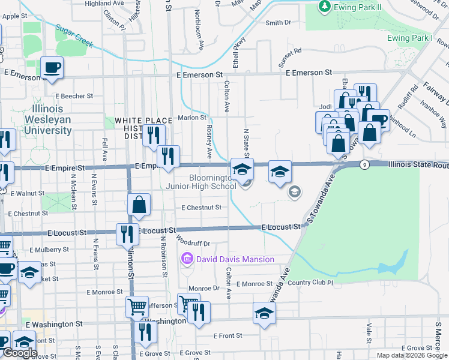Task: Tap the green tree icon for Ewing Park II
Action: coord(325,6)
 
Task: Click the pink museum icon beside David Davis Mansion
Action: coord(187,259)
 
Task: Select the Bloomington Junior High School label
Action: coord(212,182)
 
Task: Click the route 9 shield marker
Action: coord(364,164)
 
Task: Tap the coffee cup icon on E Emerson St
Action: coord(52,67)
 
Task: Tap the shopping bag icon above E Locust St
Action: coord(139,204)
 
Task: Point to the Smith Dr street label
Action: coord(278,23)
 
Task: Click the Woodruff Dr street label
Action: coord(193,244)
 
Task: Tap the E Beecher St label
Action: coord(74,95)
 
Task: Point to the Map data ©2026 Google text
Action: coord(411,355)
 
